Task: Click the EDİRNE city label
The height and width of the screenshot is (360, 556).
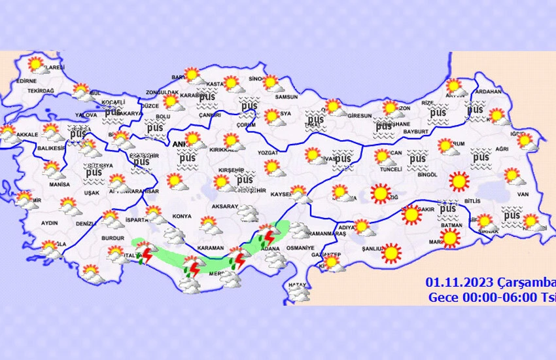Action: point(27,81)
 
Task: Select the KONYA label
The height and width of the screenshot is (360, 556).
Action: point(181,217)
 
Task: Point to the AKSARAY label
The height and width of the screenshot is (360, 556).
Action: point(224,206)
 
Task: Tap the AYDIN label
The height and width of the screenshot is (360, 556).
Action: point(49,223)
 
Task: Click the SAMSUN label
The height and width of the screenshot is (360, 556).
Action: point(287,98)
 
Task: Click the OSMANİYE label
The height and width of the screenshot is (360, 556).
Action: point(300,248)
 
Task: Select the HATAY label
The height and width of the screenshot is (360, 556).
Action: point(298,285)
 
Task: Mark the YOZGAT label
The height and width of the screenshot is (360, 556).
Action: point(269,153)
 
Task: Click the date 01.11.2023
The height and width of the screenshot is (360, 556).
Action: point(453,282)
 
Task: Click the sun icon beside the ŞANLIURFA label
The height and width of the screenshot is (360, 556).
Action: point(391,253)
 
